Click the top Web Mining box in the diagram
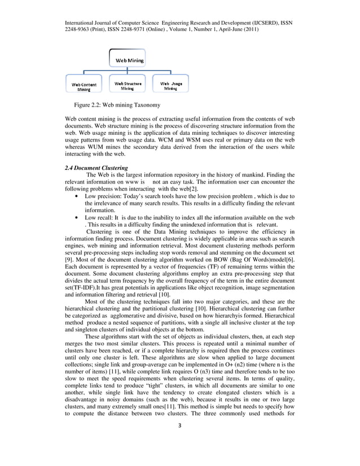(x=129, y=59)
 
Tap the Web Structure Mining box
(x=128, y=86)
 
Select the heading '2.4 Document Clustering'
(x=96, y=168)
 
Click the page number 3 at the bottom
(x=179, y=441)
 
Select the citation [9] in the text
(x=70, y=268)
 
